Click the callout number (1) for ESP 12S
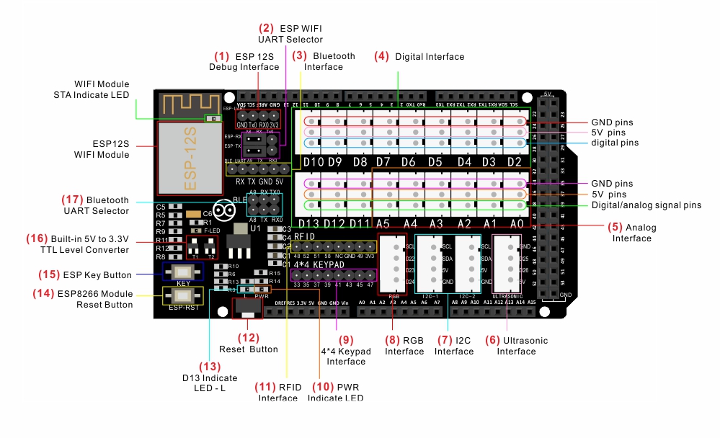point(221,55)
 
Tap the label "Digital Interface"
point(430,56)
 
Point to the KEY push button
point(183,272)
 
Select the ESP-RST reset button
point(183,295)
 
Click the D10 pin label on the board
point(314,162)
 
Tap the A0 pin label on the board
point(516,224)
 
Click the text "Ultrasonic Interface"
point(517,346)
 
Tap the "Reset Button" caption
point(249,349)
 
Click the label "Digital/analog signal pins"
point(646,205)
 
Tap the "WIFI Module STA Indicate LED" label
point(92,89)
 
